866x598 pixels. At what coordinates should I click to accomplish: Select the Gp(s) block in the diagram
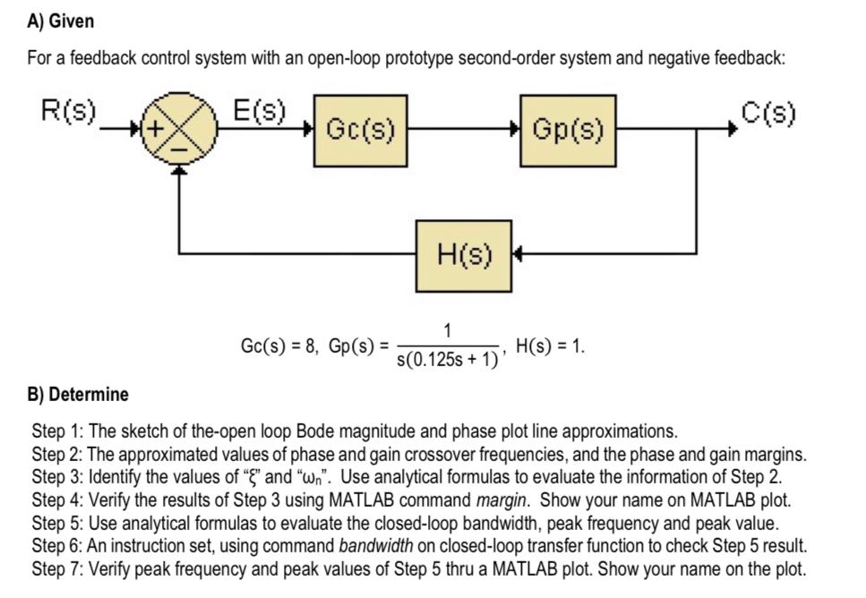(568, 131)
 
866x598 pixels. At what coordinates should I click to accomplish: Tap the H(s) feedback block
(463, 254)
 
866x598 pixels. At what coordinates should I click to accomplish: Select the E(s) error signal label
(259, 112)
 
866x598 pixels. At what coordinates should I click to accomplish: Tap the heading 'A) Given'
(60, 21)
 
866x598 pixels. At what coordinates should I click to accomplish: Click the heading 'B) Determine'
(77, 394)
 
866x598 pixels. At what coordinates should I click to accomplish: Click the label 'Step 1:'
(56, 431)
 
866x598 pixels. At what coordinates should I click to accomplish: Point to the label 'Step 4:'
(56, 498)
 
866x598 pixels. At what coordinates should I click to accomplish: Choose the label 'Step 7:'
(56, 568)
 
